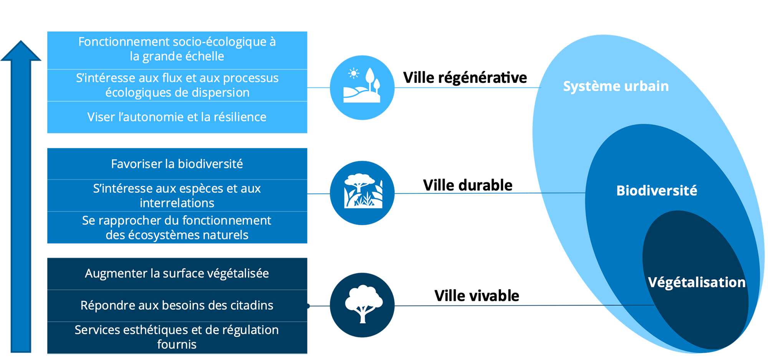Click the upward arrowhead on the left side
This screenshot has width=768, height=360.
tap(21, 52)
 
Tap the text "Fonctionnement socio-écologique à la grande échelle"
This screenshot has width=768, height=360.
tap(177, 49)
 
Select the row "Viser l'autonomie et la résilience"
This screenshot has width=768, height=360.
tap(177, 117)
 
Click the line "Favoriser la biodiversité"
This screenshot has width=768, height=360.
tap(177, 164)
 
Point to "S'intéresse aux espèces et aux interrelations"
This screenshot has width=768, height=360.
tap(177, 195)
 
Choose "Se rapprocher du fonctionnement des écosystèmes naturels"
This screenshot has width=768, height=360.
tap(177, 228)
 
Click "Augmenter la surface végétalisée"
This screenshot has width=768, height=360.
tap(177, 273)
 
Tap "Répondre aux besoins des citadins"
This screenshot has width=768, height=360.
tap(177, 305)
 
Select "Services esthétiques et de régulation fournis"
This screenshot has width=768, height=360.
tap(177, 337)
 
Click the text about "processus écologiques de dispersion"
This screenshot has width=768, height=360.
tap(177, 85)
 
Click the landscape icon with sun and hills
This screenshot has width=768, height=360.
tap(362, 87)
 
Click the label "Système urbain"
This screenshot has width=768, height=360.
tap(616, 86)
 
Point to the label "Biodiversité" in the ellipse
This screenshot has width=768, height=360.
tap(656, 191)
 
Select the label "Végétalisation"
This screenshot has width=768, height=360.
tap(697, 282)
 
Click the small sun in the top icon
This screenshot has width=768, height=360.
tap(353, 73)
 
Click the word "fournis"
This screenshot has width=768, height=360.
tap(177, 344)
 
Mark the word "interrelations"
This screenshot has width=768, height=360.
tap(177, 203)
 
